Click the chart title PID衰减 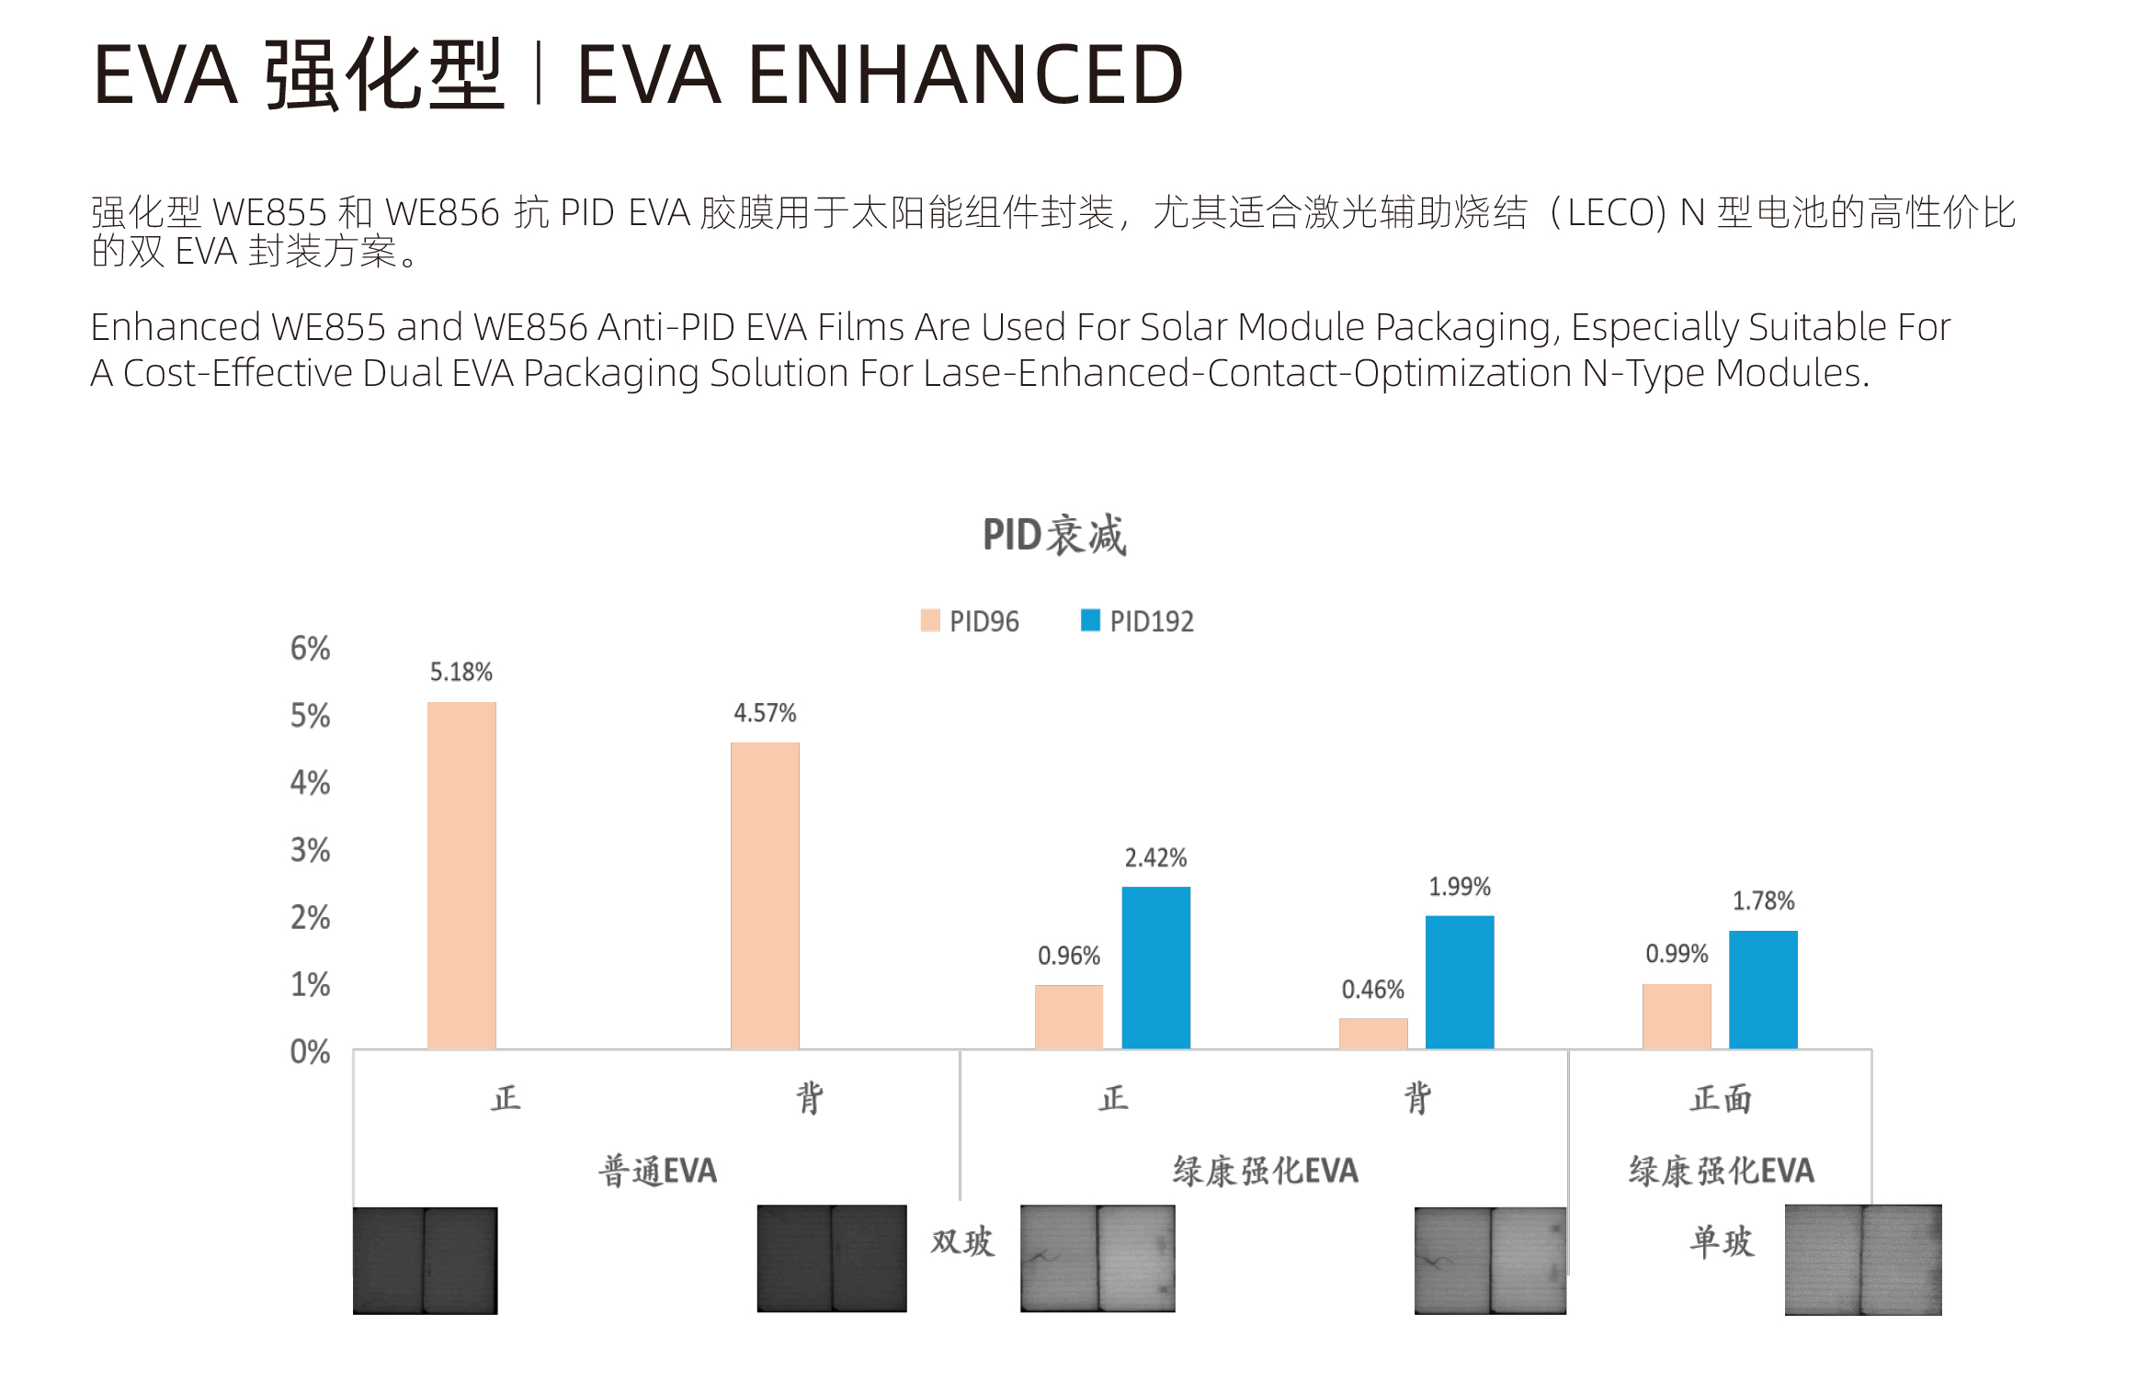1054,535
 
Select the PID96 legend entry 970,621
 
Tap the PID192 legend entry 1137,621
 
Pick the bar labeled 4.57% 765,895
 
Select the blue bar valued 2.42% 1155,967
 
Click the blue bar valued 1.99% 1460,981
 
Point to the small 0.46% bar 1373,1033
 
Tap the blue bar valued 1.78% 1763,989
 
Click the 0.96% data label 1069,956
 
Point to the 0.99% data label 1677,954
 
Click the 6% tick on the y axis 310,649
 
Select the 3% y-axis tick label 310,850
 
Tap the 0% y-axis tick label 310,1051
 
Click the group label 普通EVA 658,1171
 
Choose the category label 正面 1721,1098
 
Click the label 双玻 962,1241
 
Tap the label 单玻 1722,1241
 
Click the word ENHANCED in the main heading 965,75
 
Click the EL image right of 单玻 1863,1259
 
